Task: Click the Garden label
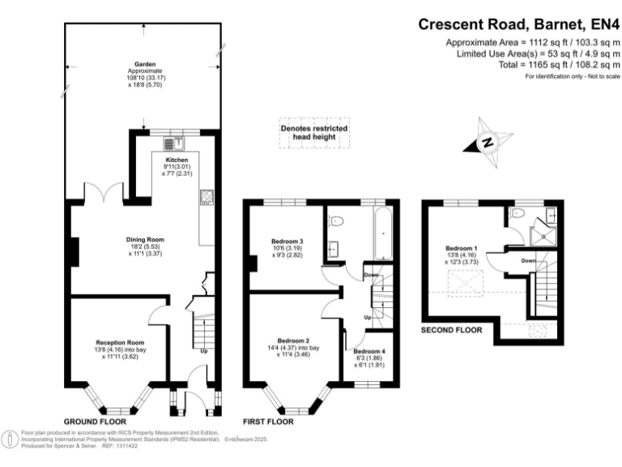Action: pos(146,63)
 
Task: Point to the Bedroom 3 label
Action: pos(288,242)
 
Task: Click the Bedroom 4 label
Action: pos(369,351)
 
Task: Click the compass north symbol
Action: pos(488,141)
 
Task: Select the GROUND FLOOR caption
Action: pos(95,422)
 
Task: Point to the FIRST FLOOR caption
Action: pos(268,422)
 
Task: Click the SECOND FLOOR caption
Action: pos(452,330)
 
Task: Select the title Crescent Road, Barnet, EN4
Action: pos(519,24)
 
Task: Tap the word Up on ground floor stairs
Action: pos(203,351)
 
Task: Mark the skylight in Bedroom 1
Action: pos(463,283)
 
